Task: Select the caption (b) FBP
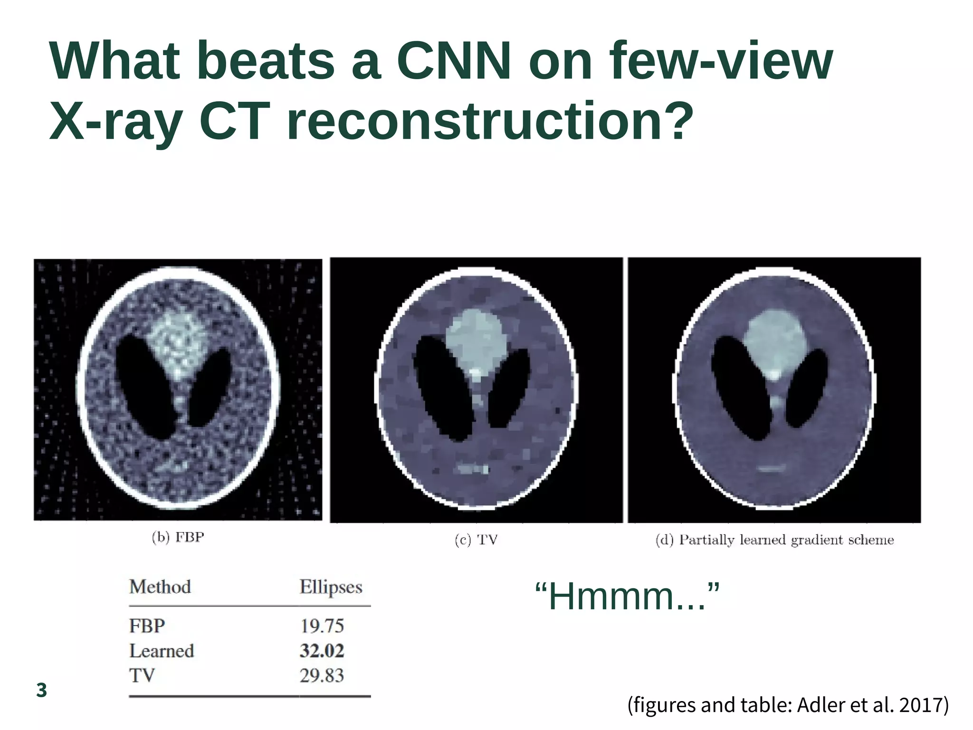(x=178, y=537)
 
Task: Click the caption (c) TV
(x=476, y=540)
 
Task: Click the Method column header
(x=160, y=587)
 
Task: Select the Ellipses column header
(x=331, y=588)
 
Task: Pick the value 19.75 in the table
(x=322, y=626)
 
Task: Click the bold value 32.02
(x=322, y=651)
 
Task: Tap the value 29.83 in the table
(x=322, y=675)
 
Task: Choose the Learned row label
(x=162, y=651)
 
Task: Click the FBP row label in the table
(x=147, y=626)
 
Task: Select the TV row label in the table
(x=142, y=675)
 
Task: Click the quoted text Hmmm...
(x=627, y=597)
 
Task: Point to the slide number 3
(x=42, y=690)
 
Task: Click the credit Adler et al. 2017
(x=872, y=704)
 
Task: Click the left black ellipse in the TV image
(x=439, y=387)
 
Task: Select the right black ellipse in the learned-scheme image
(x=806, y=387)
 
